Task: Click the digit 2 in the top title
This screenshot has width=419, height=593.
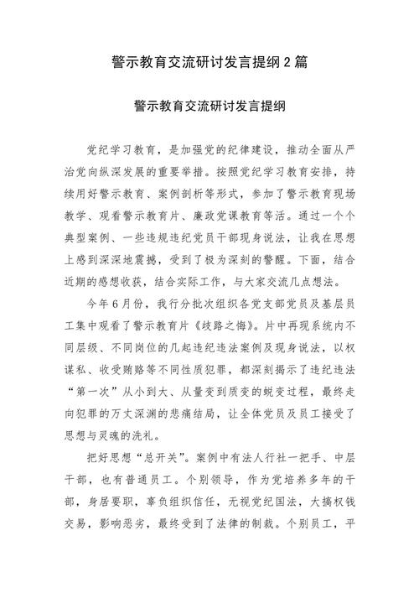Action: point(291,62)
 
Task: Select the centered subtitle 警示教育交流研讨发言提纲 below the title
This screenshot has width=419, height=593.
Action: point(209,107)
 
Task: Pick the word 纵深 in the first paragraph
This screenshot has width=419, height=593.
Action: point(141,172)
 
